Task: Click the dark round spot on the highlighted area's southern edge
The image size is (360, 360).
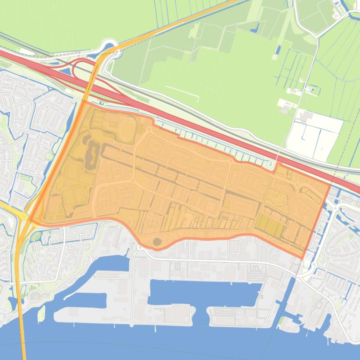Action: tap(157, 242)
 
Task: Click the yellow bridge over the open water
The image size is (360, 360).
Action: tap(21, 327)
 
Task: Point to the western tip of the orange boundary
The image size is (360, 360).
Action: tap(30, 220)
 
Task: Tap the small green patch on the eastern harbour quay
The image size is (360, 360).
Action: tap(281, 321)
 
